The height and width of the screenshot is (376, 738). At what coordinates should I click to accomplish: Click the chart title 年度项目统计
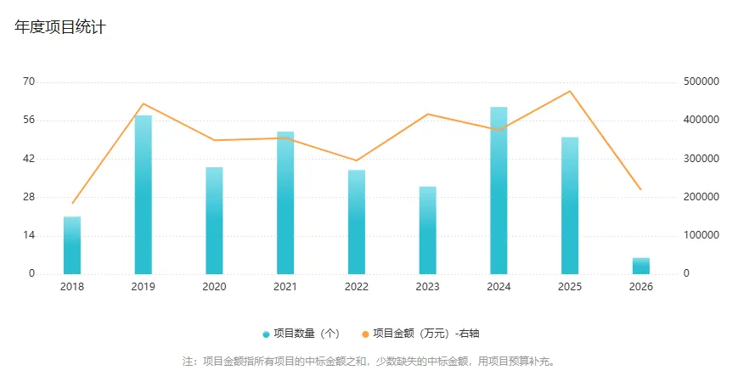[59, 27]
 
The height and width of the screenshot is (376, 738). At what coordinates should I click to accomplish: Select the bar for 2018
[72, 245]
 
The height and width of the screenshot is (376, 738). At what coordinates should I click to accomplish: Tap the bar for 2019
[144, 195]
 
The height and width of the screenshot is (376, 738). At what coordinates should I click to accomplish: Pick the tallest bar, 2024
[499, 191]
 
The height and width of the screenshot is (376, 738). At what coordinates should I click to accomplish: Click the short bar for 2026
[641, 266]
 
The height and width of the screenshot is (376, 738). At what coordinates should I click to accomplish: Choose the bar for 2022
[357, 222]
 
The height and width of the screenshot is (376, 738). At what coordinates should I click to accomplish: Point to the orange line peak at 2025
[570, 91]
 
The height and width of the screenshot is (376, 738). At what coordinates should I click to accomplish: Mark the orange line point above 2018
[72, 203]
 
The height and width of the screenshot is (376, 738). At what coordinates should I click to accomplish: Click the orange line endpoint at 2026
[641, 189]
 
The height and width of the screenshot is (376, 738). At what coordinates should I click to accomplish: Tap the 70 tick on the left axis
[29, 81]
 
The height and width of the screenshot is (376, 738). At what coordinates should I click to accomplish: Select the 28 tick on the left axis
[29, 197]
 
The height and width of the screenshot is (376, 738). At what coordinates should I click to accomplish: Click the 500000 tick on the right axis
[701, 81]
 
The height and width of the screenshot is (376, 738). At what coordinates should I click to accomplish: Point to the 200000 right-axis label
[701, 197]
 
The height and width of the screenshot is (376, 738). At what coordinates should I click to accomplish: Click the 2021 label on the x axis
[285, 287]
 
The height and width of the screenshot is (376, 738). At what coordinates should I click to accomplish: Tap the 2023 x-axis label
[427, 287]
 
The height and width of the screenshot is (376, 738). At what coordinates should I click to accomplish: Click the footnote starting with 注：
[369, 361]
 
